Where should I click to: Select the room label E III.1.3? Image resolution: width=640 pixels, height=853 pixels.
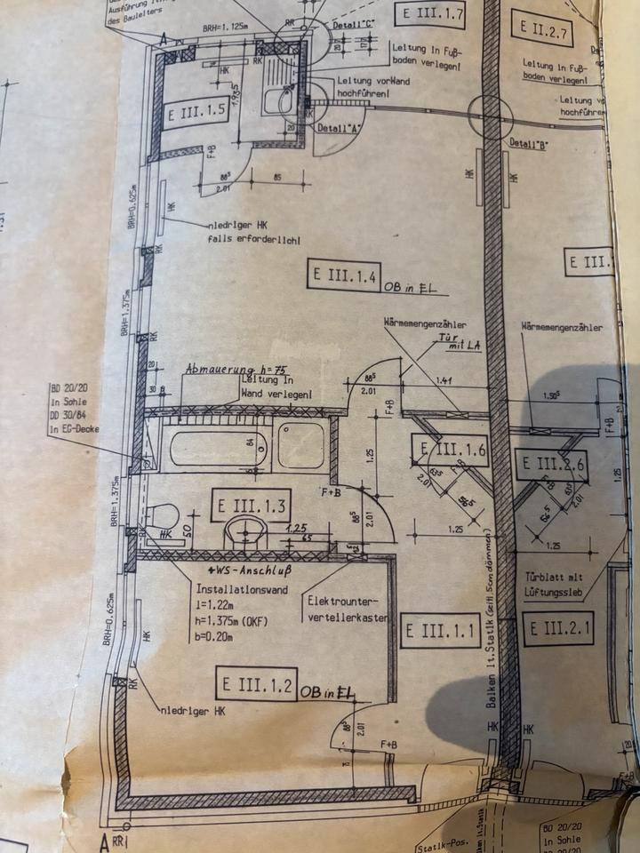pyautogui.click(x=250, y=507)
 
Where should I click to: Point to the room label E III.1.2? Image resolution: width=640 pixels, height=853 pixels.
pyautogui.click(x=256, y=684)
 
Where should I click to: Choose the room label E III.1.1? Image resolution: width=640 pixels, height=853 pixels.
pyautogui.click(x=441, y=633)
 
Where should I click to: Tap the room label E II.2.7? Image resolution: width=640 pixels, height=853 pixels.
pyautogui.click(x=539, y=36)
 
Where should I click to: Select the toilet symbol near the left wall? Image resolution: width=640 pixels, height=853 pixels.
pyautogui.click(x=163, y=516)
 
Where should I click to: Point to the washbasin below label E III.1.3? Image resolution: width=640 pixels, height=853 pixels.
pyautogui.click(x=246, y=534)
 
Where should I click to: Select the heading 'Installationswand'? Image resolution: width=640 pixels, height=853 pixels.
pyautogui.click(x=237, y=588)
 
